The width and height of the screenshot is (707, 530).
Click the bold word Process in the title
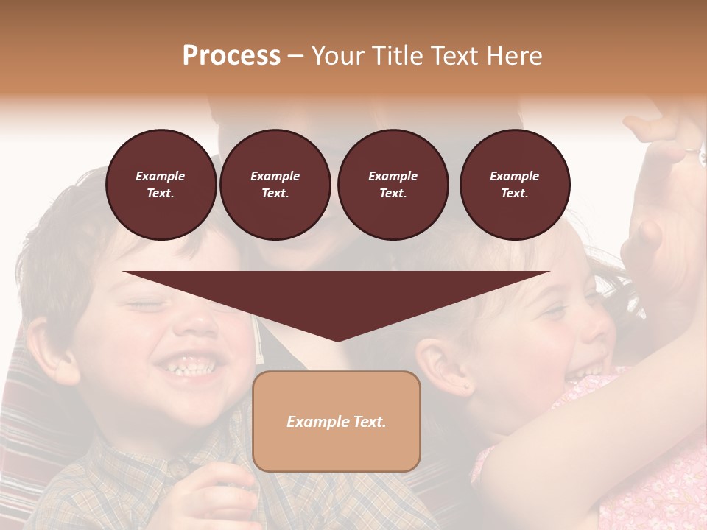click(x=231, y=56)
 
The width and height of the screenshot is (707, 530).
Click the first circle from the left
click(x=161, y=185)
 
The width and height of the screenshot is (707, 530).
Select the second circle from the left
click(x=275, y=185)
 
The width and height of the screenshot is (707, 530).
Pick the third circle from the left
click(x=393, y=185)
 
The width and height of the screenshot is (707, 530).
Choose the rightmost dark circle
click(x=514, y=185)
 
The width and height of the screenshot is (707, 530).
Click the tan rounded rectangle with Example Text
click(x=336, y=421)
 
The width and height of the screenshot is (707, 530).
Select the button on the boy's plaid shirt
click(x=177, y=467)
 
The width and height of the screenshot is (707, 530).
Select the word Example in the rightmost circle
click(x=514, y=176)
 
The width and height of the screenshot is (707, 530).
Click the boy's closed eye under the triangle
click(x=144, y=303)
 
